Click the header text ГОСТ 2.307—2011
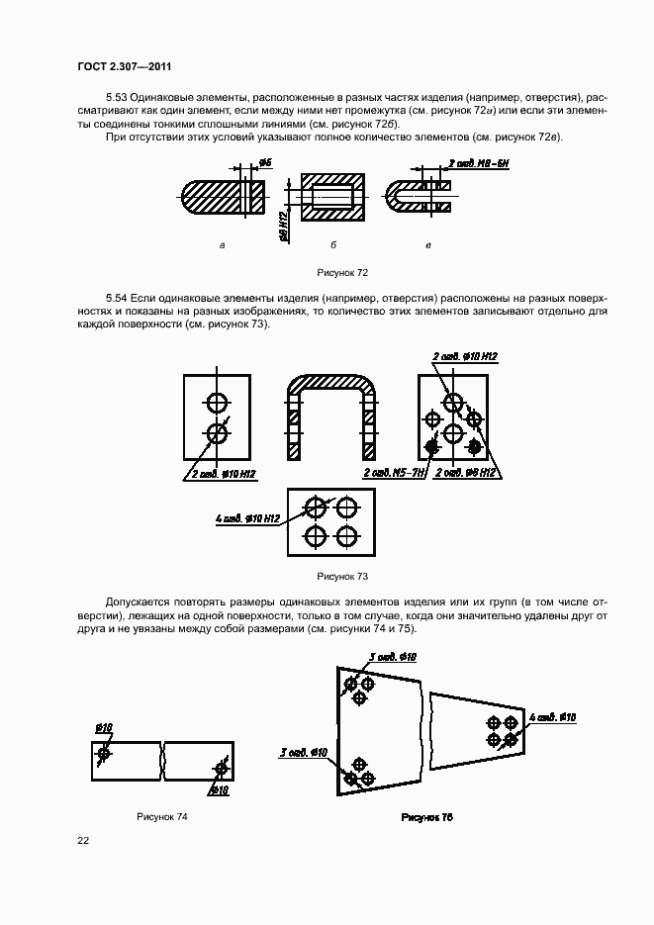(119, 67)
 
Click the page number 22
(83, 840)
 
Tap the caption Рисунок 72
(342, 271)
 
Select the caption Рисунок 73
(342, 576)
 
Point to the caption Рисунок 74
(162, 817)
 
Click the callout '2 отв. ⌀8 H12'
(465, 474)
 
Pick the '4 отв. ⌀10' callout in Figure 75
(553, 716)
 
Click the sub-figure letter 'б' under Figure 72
(333, 243)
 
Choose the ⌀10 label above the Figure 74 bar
(103, 728)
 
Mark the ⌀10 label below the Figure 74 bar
(219, 790)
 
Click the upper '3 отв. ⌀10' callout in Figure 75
(393, 657)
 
